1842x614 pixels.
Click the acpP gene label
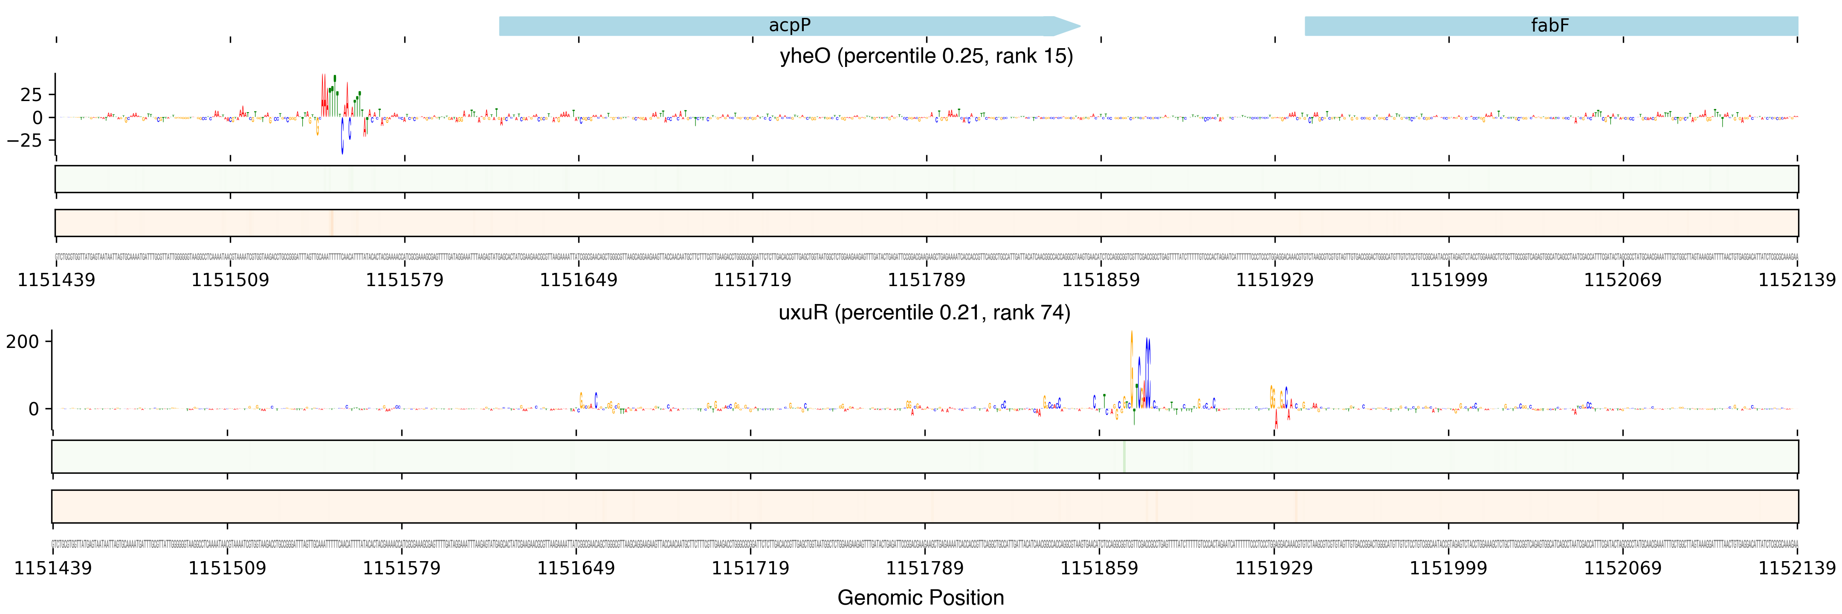(x=789, y=26)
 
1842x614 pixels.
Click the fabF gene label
(x=1549, y=26)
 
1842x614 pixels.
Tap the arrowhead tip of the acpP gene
(x=1079, y=26)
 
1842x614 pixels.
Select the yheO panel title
(x=926, y=56)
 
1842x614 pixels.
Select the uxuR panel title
(x=924, y=313)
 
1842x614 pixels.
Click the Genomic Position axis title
(x=920, y=597)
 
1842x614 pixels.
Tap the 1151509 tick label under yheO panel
(x=230, y=279)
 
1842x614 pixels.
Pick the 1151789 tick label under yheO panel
(x=926, y=279)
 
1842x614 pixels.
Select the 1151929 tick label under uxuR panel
(x=1274, y=568)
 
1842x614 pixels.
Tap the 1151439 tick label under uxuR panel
(x=53, y=568)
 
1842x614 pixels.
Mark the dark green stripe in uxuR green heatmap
(x=1124, y=457)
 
